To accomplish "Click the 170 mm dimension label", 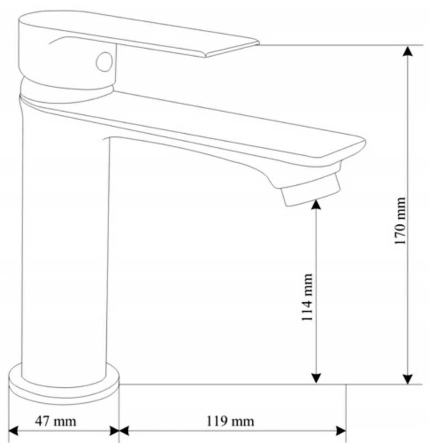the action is (x=400, y=221).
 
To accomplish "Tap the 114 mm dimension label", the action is (x=307, y=297).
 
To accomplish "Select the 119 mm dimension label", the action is (x=230, y=421).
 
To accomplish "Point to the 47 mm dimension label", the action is (x=56, y=421).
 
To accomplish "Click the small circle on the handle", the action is (x=104, y=62).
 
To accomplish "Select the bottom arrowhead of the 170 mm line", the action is (x=408, y=379).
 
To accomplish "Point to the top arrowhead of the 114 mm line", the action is (x=316, y=204).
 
